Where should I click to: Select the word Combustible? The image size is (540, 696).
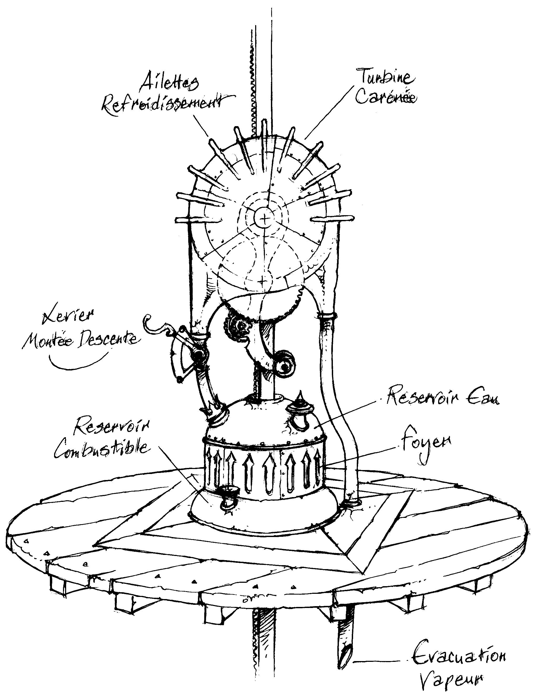(x=102, y=448)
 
